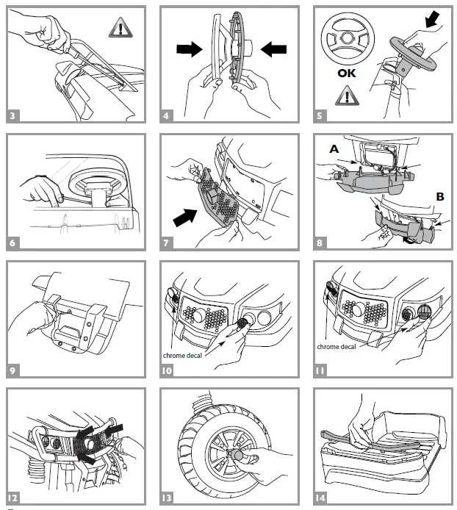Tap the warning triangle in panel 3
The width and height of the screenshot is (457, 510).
coord(118,29)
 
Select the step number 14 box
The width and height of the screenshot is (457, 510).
coord(321,497)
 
